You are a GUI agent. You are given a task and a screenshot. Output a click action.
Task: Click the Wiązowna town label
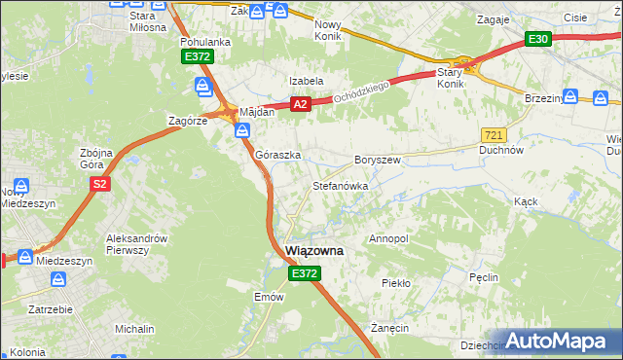click(x=315, y=251)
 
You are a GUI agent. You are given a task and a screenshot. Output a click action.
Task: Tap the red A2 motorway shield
click(x=300, y=104)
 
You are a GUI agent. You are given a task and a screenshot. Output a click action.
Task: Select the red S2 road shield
click(x=98, y=183)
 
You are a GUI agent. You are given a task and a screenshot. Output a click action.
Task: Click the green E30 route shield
click(x=538, y=39)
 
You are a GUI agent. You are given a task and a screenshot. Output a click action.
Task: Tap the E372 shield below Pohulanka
click(x=197, y=57)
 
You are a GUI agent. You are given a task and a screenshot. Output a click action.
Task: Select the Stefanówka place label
click(x=339, y=185)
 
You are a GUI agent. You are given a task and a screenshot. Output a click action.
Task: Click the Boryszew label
click(x=378, y=160)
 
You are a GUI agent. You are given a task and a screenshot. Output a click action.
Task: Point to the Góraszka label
click(x=277, y=155)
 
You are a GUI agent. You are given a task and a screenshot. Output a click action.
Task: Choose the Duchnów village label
click(x=502, y=151)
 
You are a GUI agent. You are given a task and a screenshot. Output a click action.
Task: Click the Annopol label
click(x=388, y=238)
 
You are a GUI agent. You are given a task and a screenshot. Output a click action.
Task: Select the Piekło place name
click(x=396, y=282)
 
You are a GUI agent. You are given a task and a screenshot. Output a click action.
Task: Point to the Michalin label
click(x=134, y=330)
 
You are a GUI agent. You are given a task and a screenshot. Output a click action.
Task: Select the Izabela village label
click(x=305, y=81)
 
